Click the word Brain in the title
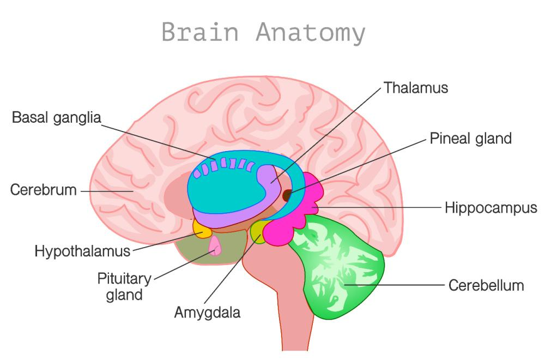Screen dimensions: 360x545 tap(200, 33)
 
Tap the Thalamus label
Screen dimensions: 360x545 tap(416, 88)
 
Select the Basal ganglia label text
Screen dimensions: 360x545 tap(57, 117)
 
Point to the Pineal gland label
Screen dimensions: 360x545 tap(471, 138)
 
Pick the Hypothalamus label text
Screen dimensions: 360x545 tap(82, 251)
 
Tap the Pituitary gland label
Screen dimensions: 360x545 tap(124, 287)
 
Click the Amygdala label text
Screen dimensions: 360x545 tap(207, 313)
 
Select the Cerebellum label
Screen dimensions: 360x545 tap(486, 285)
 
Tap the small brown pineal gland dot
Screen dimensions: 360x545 tap(287, 193)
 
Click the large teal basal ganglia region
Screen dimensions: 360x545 tap(223, 188)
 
